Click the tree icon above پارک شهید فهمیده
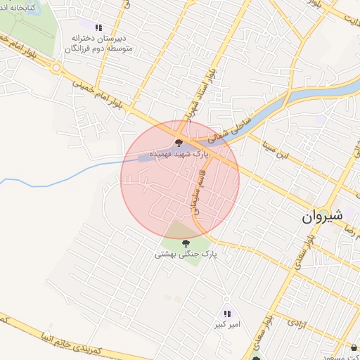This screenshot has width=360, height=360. pyautogui.click(x=178, y=143)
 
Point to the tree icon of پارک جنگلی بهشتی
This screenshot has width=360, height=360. pyautogui.click(x=186, y=243)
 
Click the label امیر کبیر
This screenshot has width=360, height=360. pyautogui.click(x=228, y=326)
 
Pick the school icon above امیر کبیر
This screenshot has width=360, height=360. pyautogui.click(x=226, y=314)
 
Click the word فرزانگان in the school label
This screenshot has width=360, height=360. pyautogui.click(x=80, y=49)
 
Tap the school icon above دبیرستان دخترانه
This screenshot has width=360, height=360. pyautogui.click(x=98, y=27)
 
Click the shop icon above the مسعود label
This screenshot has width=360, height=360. pyautogui.click(x=352, y=347)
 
